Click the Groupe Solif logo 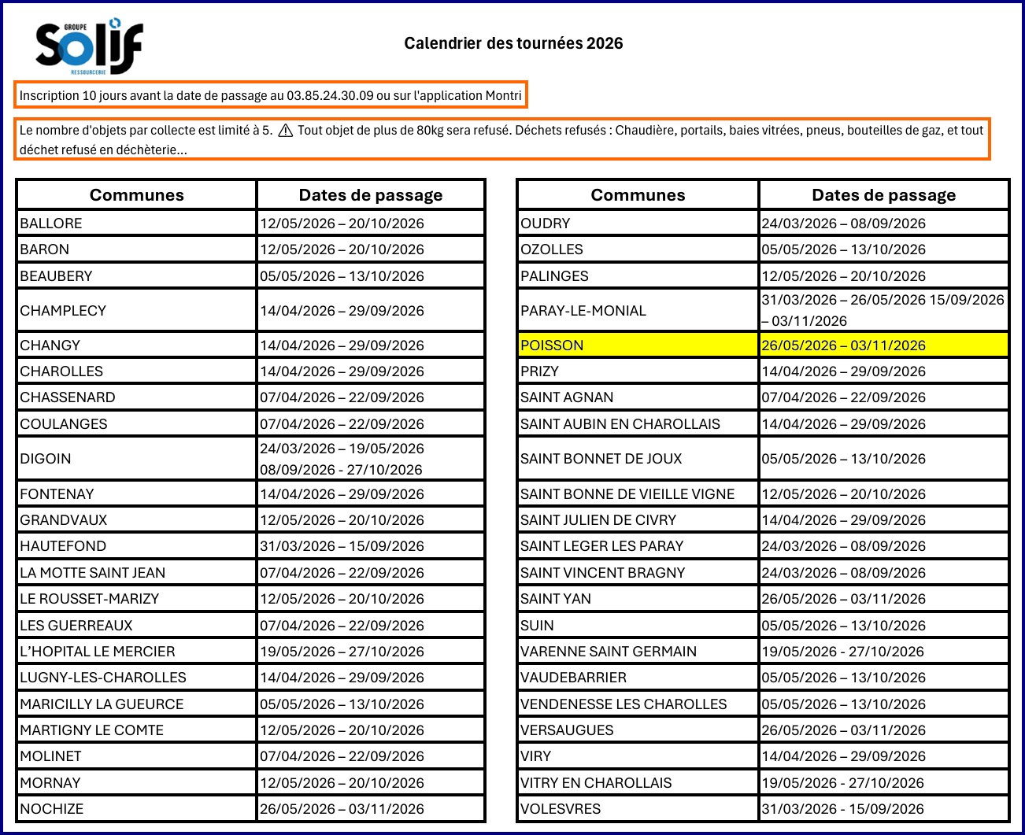coord(89,46)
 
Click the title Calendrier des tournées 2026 coord(513,43)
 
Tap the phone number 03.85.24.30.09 coord(330,96)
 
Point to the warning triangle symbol coord(285,131)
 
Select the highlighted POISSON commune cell coord(552,345)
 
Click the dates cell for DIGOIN coord(342,459)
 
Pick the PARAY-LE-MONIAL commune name coord(583,311)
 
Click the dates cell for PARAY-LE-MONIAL coord(883,310)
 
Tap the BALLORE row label coord(51,224)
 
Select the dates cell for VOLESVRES coord(843,809)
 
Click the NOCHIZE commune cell coord(52,809)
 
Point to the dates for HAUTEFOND coord(342,546)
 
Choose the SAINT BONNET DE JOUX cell coord(601,459)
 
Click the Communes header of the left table coord(137,195)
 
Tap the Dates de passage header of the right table coord(883,195)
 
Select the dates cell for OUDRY coord(843,224)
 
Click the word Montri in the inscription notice coord(503,96)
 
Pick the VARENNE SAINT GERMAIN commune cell coord(609,652)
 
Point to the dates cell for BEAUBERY coord(342,276)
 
